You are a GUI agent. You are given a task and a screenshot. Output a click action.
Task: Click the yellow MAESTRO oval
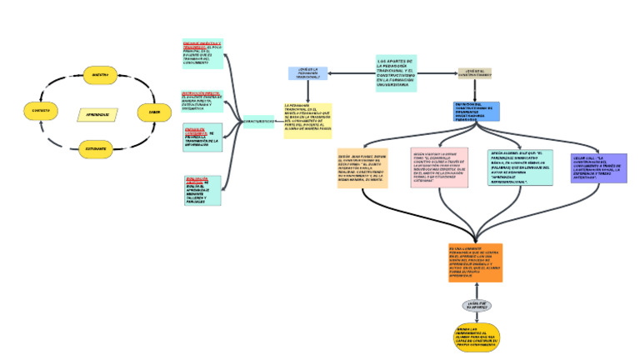(x=100, y=75)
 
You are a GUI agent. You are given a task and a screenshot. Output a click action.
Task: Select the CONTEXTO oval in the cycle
(x=41, y=111)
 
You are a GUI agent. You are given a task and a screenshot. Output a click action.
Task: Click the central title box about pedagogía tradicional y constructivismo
(x=396, y=72)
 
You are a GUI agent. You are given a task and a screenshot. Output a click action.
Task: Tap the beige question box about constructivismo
(x=475, y=74)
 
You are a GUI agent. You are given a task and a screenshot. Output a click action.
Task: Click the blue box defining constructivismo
(x=477, y=112)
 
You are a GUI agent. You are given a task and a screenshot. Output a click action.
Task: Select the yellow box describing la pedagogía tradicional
(x=307, y=120)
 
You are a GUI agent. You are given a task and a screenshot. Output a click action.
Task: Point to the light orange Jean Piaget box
(x=362, y=167)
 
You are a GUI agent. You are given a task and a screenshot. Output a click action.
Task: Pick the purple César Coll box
(x=599, y=168)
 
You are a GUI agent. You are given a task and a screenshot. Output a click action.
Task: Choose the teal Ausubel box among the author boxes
(x=520, y=168)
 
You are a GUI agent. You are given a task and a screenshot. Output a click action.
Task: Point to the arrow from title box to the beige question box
(x=437, y=73)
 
